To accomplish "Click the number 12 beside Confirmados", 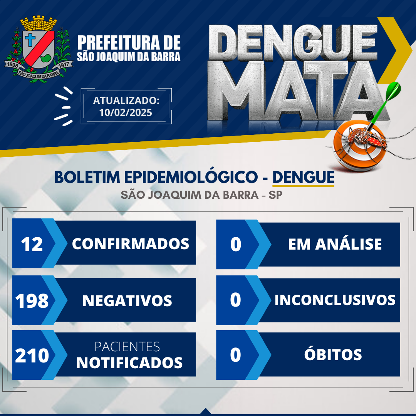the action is (32, 244).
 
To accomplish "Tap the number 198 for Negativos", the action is (32, 301).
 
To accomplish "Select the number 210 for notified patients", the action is (32, 356).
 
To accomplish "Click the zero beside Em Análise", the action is (236, 244).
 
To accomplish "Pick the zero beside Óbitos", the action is (236, 355).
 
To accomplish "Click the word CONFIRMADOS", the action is (131, 243).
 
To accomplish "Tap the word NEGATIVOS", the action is (127, 300).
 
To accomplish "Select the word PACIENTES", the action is (127, 347).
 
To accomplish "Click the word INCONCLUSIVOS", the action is (335, 300).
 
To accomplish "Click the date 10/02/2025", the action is (126, 112).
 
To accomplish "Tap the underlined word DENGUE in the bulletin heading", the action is (303, 177).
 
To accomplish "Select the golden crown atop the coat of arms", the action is (39, 23).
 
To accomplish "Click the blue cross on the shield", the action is (30, 40).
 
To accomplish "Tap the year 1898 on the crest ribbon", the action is (12, 65).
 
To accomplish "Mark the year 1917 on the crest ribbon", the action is (64, 65).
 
